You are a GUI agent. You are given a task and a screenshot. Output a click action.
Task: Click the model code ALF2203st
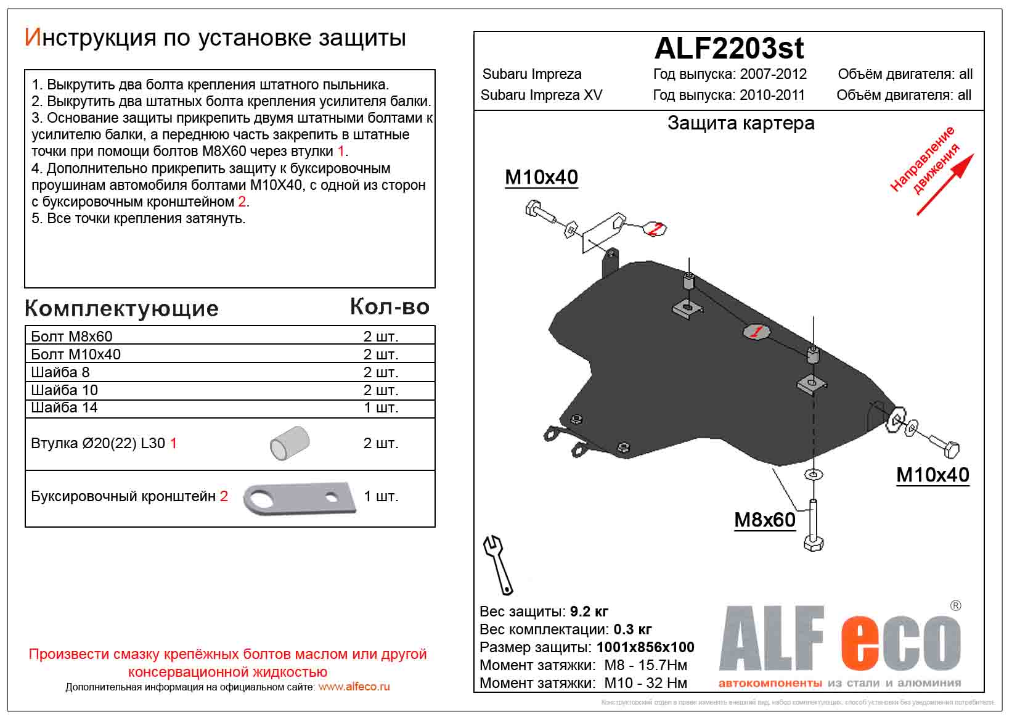(x=728, y=48)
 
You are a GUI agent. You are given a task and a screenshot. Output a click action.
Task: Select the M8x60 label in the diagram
(x=764, y=520)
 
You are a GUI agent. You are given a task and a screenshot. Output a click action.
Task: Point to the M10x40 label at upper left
(x=541, y=178)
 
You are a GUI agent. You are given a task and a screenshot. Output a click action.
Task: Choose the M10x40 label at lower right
(x=932, y=475)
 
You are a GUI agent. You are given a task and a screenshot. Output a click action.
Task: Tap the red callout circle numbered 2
(x=656, y=229)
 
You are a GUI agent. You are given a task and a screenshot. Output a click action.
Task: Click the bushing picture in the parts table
(x=290, y=443)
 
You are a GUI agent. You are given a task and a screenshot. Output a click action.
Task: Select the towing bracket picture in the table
(x=300, y=497)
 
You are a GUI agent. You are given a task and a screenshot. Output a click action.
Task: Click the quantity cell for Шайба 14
(x=380, y=408)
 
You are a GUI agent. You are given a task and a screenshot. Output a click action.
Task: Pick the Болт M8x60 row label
(x=71, y=337)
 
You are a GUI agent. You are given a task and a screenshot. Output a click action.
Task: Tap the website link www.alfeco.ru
(x=354, y=687)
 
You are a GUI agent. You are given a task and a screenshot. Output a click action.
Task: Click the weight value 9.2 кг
(x=589, y=612)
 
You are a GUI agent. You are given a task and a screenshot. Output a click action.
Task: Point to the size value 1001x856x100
(x=645, y=647)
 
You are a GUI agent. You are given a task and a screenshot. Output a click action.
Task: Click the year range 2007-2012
(x=773, y=74)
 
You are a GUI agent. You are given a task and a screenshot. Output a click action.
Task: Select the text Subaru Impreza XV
(x=541, y=95)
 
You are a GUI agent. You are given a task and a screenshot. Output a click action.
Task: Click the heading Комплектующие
(x=121, y=308)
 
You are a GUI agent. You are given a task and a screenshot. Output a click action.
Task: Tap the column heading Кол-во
(x=390, y=306)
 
